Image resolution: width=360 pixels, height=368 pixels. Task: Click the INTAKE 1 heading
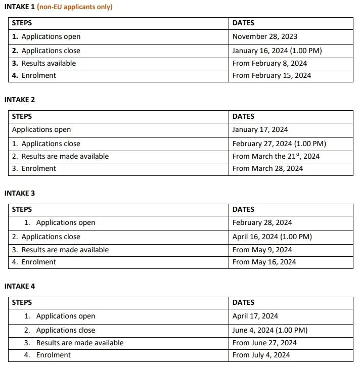point(19,7)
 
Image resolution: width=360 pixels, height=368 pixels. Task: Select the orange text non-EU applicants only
point(75,7)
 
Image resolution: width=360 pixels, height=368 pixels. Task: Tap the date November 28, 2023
point(264,36)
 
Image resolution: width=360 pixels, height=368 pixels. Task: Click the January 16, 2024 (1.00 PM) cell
point(277,51)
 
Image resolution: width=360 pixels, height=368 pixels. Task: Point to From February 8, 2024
point(269,63)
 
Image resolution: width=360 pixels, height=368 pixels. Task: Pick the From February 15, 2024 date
point(272,75)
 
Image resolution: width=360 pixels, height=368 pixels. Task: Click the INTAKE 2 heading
point(20,100)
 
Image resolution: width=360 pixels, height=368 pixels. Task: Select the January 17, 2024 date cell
point(260,129)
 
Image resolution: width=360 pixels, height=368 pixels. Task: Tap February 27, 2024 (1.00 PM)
point(279,144)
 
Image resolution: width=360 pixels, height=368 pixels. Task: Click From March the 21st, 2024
point(276,156)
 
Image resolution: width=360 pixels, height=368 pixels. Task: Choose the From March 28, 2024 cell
point(267,168)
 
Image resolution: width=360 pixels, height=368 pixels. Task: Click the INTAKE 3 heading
point(20,193)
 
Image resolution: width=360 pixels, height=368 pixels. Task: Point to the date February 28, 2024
point(262,222)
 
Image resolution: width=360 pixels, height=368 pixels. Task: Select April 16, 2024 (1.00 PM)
point(272,237)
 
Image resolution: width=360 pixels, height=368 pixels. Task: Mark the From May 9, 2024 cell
point(262,250)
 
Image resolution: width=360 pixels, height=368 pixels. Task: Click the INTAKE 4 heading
point(20,286)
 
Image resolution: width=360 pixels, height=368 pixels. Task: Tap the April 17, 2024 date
point(255,316)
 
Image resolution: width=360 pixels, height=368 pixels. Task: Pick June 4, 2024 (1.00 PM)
point(270,330)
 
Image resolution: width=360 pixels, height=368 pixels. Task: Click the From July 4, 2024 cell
point(261,355)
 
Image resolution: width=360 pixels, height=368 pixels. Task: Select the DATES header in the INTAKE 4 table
point(243,302)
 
